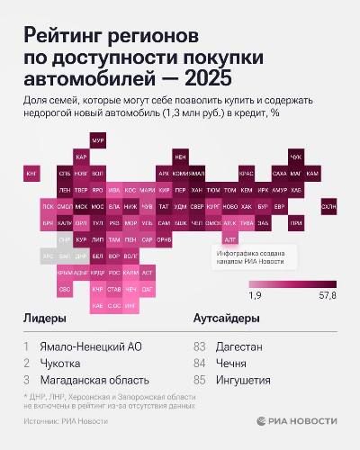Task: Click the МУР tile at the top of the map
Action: [98, 140]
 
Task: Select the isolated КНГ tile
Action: [31, 172]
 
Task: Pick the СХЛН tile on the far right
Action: [329, 206]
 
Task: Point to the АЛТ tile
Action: [229, 239]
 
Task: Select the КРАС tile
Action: [246, 173]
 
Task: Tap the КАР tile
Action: [81, 157]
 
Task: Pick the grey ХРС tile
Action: [48, 256]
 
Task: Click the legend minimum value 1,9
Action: [255, 294]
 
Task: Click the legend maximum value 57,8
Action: [326, 294]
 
